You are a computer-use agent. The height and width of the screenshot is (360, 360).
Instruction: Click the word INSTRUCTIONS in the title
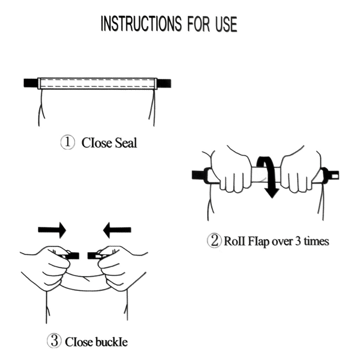pos(141,24)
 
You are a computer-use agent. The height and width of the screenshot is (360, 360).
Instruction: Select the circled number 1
pos(67,142)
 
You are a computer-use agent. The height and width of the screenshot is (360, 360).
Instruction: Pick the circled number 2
pos(214,240)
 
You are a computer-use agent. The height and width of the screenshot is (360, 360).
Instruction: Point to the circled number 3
pos(54,341)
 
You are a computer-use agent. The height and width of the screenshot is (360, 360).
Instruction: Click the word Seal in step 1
pos(126,143)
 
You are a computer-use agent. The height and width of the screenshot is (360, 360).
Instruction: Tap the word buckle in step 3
pos(111,342)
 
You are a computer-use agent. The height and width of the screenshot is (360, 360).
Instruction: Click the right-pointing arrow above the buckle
pos(52,230)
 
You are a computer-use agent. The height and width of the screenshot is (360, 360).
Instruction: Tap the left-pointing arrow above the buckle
pos(117,230)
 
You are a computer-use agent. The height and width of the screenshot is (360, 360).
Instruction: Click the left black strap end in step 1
pos(31,83)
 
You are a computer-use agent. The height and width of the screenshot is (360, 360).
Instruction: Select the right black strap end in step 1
pos(164,83)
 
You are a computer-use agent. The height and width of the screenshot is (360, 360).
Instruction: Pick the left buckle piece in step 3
pos(68,256)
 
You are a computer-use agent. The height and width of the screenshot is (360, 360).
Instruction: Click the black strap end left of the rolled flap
pos(198,175)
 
